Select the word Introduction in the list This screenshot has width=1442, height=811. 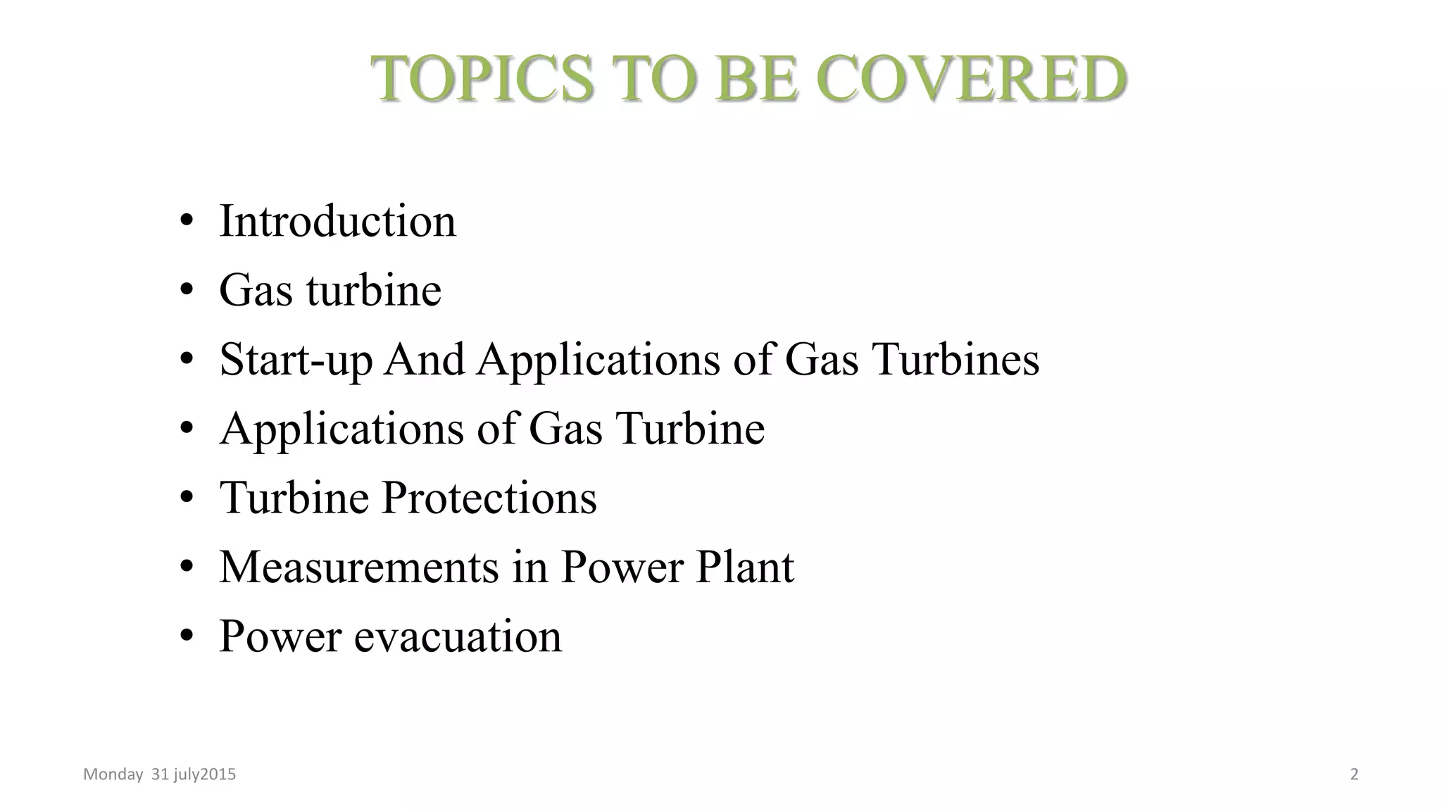coord(337,221)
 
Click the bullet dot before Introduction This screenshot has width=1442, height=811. coord(187,221)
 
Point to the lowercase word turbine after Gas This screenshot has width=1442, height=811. coord(374,290)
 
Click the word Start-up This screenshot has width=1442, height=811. coord(296,360)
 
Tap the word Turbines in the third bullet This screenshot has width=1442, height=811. coord(955,360)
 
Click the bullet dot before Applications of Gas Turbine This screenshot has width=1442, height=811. coord(187,428)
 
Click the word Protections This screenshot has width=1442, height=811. coord(489,498)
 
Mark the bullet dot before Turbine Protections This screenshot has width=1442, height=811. coord(187,498)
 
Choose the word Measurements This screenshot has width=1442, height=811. coord(359,567)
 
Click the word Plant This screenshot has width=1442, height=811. coord(745,567)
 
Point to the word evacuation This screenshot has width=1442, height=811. coord(458,636)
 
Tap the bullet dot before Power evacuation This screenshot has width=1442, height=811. coord(187,636)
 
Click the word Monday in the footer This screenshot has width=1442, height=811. coord(113,774)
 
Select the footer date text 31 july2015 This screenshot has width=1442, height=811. coord(194,774)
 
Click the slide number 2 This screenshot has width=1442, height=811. coord(1354,774)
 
